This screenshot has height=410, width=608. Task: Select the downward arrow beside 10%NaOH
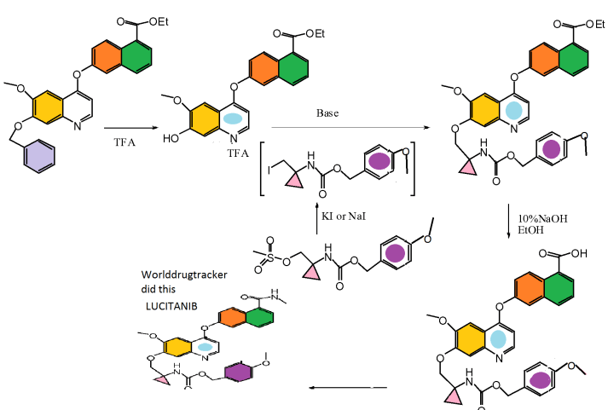click(509, 224)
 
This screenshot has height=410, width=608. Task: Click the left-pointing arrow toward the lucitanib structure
click(341, 388)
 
